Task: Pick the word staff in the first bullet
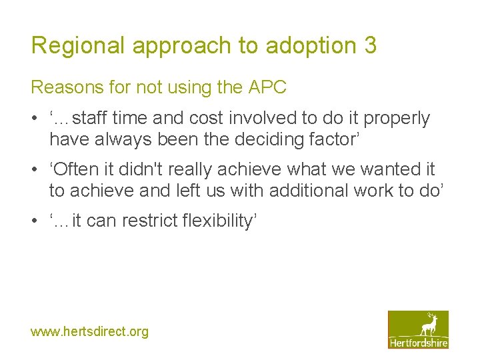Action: click(91, 119)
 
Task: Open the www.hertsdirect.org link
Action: click(89, 331)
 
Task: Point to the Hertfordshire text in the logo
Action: click(418, 342)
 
